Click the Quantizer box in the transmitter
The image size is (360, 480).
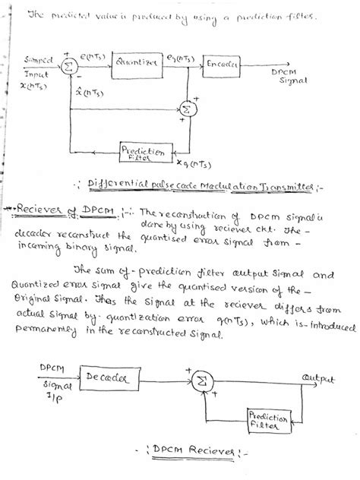pyautogui.click(x=137, y=65)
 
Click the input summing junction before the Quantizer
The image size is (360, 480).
pyautogui.click(x=67, y=67)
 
